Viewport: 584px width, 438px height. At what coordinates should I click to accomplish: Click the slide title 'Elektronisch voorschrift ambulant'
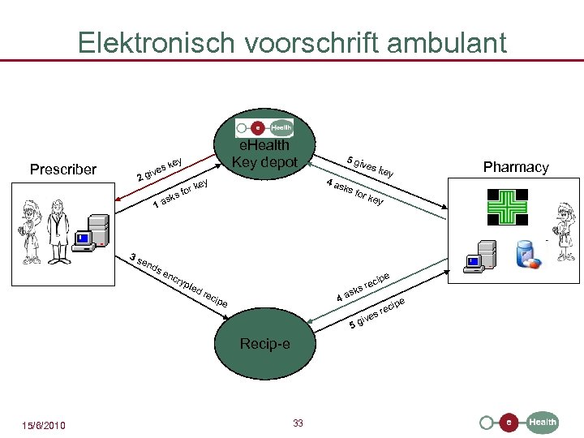(x=292, y=42)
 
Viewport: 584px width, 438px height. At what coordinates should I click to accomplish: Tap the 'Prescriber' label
(x=62, y=170)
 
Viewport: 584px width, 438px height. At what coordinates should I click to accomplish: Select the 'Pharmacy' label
(x=516, y=167)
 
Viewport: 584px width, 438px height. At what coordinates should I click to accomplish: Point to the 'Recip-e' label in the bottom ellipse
(x=264, y=344)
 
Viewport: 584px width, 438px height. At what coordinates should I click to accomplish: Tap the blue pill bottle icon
(x=528, y=253)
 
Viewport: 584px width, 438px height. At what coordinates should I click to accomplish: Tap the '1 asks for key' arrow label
(x=182, y=192)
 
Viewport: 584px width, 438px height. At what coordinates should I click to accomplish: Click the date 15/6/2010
(x=45, y=426)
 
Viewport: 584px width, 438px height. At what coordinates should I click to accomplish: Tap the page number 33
(x=298, y=423)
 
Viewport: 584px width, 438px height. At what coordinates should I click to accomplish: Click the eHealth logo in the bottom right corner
(x=519, y=422)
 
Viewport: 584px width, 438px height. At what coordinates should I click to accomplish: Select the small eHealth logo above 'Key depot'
(x=264, y=127)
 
